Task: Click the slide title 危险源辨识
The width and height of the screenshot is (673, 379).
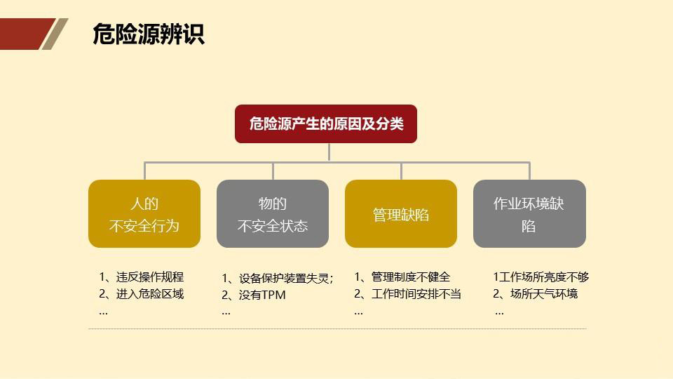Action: [x=148, y=34]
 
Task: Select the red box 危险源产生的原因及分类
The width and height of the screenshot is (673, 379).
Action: [x=326, y=124]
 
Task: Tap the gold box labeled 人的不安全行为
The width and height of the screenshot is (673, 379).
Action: [x=144, y=214]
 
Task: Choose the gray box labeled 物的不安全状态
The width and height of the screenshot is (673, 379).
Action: [x=273, y=214]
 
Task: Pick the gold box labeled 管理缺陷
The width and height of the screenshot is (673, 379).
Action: [x=401, y=214]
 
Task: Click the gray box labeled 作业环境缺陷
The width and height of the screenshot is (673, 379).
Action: [x=529, y=214]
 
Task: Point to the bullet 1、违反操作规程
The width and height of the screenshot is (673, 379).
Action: [x=142, y=277]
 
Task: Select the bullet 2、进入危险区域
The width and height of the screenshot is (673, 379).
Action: [x=142, y=294]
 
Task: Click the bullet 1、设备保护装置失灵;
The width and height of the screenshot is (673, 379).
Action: [x=278, y=278]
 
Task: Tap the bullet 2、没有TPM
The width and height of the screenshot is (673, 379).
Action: [x=254, y=295]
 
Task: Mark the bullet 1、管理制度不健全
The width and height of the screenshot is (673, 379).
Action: [x=402, y=277]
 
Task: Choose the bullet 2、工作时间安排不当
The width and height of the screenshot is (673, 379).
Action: [x=407, y=294]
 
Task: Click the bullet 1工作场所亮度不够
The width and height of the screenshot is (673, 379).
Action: [x=541, y=277]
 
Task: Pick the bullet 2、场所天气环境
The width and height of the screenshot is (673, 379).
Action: [x=536, y=294]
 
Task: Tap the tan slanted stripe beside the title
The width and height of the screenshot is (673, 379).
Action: [x=55, y=34]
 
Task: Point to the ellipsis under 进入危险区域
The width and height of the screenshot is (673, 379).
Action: [x=103, y=312]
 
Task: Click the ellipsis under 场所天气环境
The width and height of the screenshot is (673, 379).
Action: [x=499, y=312]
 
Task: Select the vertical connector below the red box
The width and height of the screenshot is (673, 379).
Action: [x=328, y=152]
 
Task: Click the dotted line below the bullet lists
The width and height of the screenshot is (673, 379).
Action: [x=336, y=328]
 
